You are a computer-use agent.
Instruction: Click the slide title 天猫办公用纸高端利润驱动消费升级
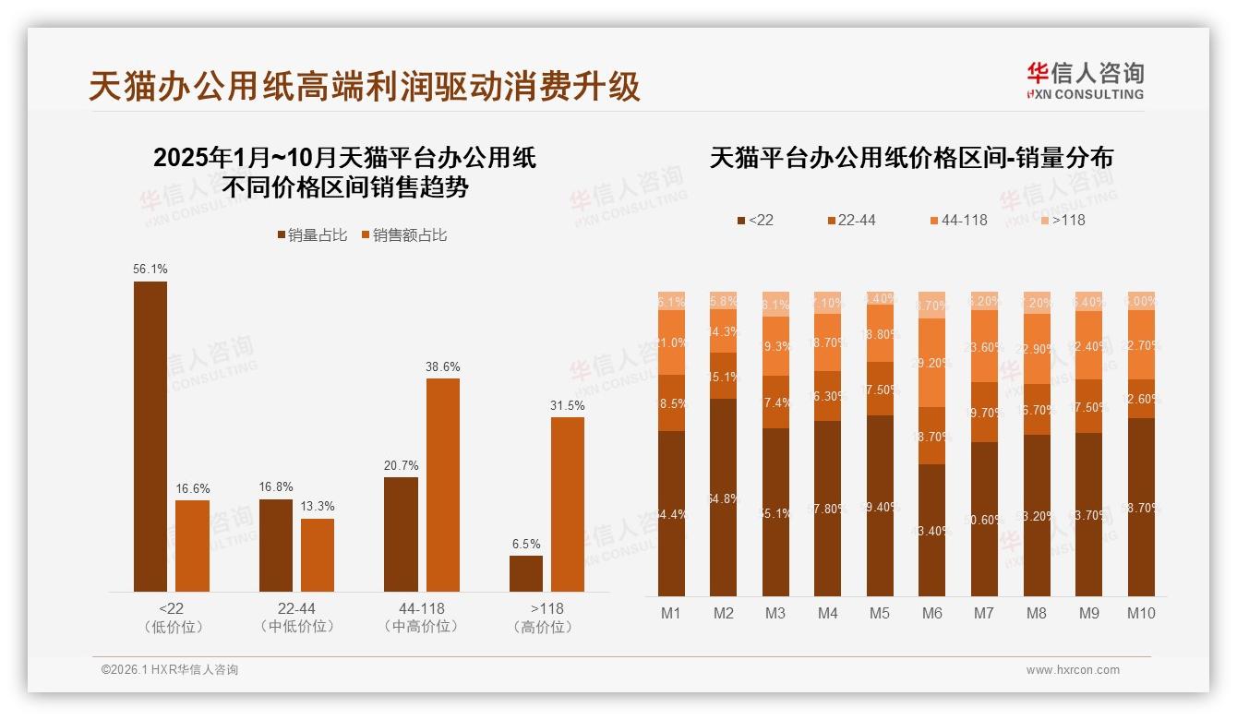(365, 86)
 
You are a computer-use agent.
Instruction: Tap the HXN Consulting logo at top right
(1085, 81)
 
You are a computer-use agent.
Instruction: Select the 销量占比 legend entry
(312, 235)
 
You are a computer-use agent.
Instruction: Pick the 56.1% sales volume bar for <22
(150, 436)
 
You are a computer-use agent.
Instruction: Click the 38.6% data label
(442, 366)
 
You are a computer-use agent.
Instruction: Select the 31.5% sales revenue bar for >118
(567, 504)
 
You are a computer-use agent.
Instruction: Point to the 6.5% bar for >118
(526, 573)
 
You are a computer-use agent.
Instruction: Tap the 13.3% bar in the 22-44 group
(318, 555)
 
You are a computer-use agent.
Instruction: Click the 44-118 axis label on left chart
(421, 608)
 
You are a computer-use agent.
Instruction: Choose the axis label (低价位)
(173, 627)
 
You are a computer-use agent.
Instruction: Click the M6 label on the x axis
(932, 613)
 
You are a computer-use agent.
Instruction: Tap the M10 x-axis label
(1141, 613)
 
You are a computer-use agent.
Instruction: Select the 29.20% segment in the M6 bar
(932, 363)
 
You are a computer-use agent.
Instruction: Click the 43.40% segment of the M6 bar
(932, 530)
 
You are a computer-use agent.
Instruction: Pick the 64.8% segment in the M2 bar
(724, 498)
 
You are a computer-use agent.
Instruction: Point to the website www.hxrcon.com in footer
(1073, 670)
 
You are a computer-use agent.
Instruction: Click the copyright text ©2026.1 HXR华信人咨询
(170, 670)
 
